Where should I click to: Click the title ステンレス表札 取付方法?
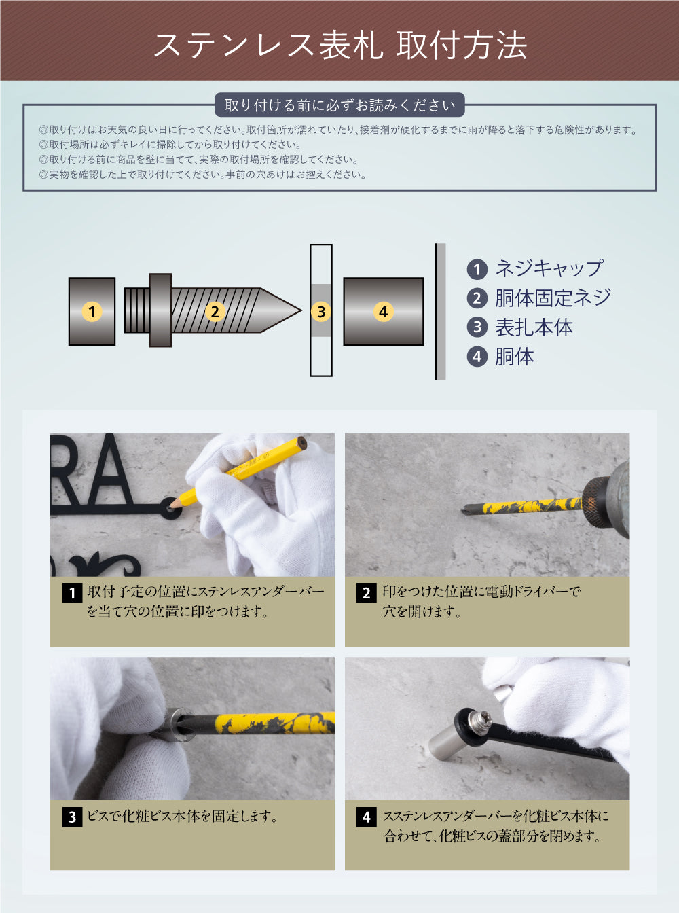[339, 45]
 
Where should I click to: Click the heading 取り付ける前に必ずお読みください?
[339, 105]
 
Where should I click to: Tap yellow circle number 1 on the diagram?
[92, 312]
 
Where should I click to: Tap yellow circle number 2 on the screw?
[215, 312]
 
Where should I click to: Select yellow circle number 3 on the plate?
[321, 312]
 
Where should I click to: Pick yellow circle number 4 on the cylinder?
[383, 312]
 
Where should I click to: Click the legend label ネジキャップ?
[548, 268]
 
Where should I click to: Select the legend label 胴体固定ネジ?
[552, 298]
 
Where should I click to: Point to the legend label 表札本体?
[534, 327]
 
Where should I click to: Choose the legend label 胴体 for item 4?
[514, 357]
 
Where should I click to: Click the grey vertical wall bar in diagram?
[441, 312]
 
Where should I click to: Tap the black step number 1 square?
[72, 593]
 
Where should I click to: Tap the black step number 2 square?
[366, 593]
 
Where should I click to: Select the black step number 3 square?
[72, 817]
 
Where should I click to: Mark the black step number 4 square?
[366, 817]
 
